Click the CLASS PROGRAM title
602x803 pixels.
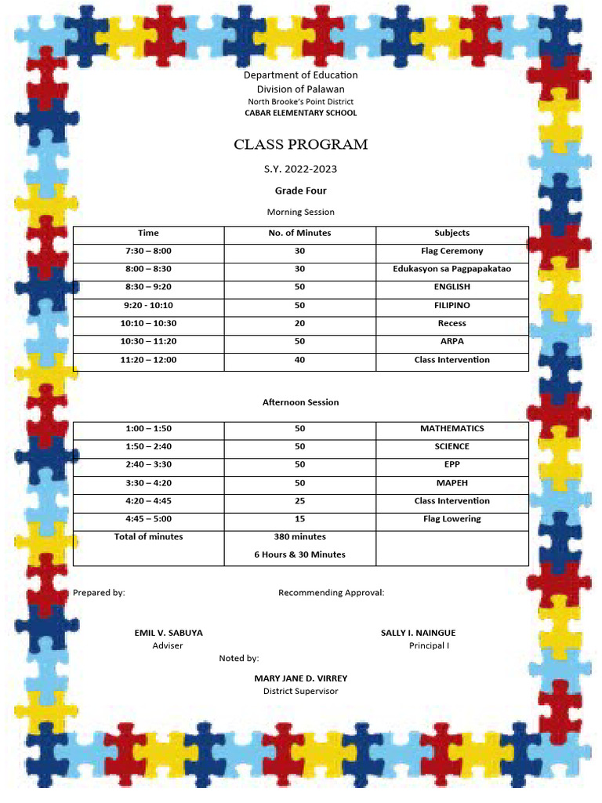tap(300, 145)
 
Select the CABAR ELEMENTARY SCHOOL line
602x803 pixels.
tap(300, 113)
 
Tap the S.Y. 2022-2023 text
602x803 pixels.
tap(300, 169)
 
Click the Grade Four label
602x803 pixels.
tap(300, 191)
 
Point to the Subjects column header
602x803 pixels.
tap(451, 233)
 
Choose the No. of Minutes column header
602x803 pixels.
tap(299, 233)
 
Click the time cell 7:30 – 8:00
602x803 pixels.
tap(148, 251)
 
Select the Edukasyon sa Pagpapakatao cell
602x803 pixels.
tap(451, 269)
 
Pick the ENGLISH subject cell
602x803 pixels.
tap(451, 287)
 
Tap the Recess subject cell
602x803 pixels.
tap(451, 323)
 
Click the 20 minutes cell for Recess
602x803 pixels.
tap(299, 323)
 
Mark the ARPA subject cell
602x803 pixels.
tap(451, 341)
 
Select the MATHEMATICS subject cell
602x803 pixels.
tap(451, 428)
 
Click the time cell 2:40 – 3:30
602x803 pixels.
tap(148, 464)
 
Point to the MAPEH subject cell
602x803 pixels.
tap(451, 483)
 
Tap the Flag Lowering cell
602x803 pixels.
tap(451, 519)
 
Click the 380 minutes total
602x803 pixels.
tap(299, 537)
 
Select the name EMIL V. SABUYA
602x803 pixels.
tap(168, 633)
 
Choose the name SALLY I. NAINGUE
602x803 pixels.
tap(418, 633)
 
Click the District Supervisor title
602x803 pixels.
tap(300, 691)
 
